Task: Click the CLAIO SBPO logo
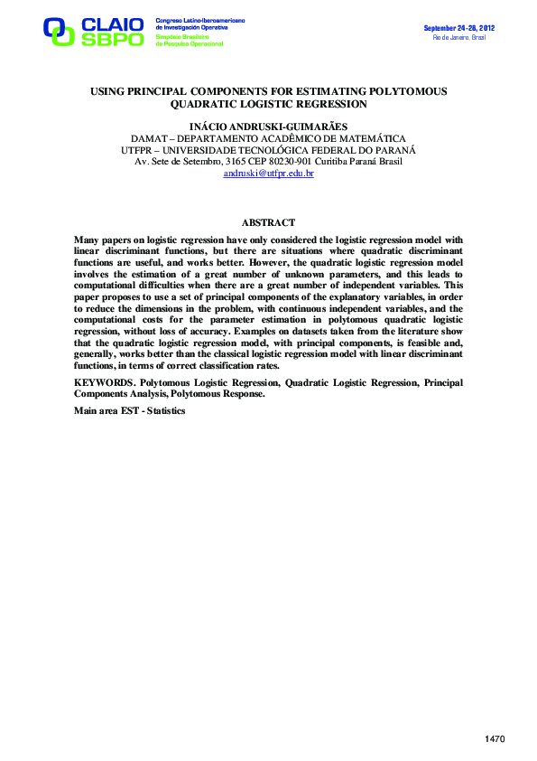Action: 93,31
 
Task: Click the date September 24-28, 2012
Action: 459,28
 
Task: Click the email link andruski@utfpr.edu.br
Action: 268,173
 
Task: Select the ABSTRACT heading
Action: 268,222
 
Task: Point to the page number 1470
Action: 495,739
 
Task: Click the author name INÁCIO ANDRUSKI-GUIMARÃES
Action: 268,126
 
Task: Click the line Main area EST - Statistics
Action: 129,410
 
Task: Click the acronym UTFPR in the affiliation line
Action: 137,149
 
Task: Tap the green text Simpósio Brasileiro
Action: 181,36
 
